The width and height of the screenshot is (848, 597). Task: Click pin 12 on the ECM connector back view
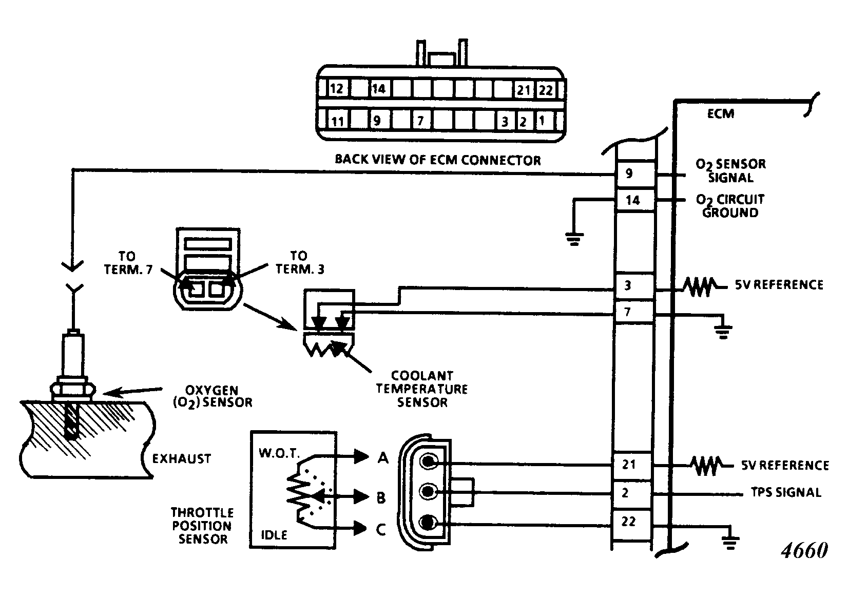tap(336, 89)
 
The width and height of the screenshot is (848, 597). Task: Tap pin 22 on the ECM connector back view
tap(545, 90)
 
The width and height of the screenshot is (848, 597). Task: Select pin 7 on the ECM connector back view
tap(420, 121)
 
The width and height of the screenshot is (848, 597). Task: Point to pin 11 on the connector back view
tap(337, 121)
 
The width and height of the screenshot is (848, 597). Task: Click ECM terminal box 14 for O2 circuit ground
tap(633, 200)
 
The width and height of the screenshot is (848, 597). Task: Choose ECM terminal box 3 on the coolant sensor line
tap(628, 285)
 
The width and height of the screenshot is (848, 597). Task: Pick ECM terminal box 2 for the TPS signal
tap(625, 493)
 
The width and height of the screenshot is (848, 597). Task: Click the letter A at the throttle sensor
tap(383, 457)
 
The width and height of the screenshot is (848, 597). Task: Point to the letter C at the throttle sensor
tap(381, 529)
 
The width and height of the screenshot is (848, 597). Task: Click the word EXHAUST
tap(182, 458)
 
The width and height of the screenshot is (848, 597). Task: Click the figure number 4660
tap(804, 551)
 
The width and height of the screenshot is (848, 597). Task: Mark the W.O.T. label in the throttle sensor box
tap(279, 454)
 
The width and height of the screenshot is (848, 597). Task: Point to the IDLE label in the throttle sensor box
tap(274, 535)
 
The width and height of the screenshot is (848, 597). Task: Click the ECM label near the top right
tap(721, 113)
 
